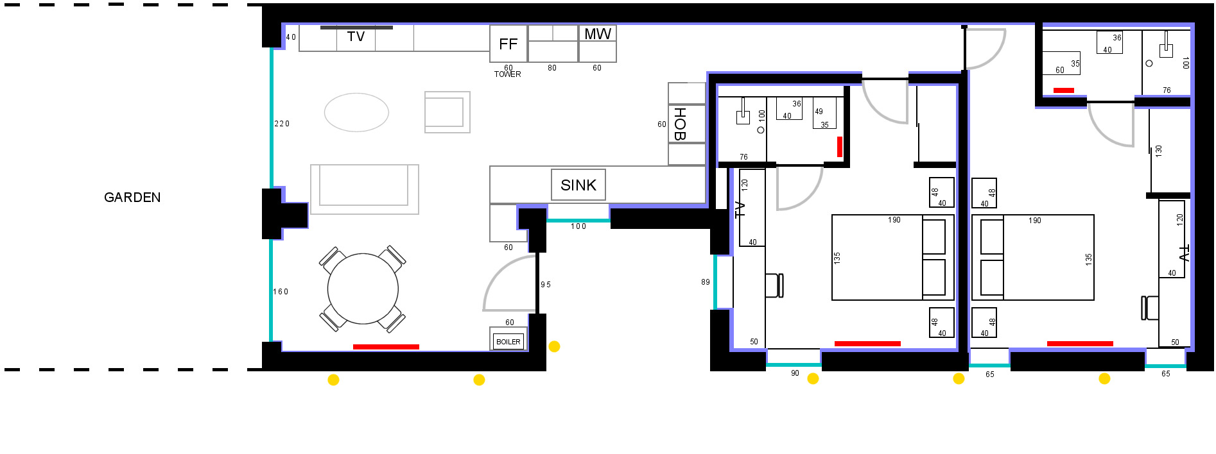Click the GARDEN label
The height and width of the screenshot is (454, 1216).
(132, 198)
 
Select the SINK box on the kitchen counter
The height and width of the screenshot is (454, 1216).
(578, 185)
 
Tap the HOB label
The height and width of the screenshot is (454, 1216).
(680, 124)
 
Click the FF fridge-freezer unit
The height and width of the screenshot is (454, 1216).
(508, 44)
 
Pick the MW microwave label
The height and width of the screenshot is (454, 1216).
(597, 34)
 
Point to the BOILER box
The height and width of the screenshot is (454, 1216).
(508, 341)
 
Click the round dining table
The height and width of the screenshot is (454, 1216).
(363, 289)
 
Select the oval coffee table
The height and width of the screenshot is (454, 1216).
(356, 112)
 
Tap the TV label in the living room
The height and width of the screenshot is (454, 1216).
(356, 37)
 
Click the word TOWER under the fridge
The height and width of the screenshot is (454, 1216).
(507, 74)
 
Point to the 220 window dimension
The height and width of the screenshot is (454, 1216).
(282, 124)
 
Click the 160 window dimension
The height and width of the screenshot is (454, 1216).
(281, 292)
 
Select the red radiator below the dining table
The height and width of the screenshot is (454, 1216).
(386, 347)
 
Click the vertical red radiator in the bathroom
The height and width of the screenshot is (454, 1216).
(839, 147)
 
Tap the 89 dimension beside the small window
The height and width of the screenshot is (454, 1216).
(706, 282)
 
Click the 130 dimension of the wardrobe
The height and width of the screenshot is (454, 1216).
(1159, 151)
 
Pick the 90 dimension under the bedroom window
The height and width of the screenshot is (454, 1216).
(795, 373)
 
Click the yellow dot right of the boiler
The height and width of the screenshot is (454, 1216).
(554, 346)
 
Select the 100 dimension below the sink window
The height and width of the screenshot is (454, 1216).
(578, 226)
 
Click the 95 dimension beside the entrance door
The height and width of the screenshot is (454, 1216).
(546, 285)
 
